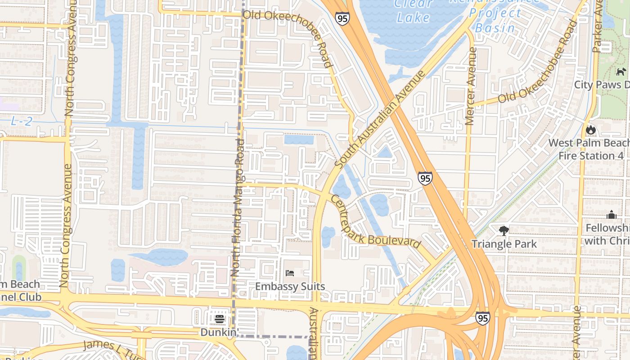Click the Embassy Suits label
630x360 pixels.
click(x=290, y=286)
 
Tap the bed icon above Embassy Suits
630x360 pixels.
click(x=290, y=273)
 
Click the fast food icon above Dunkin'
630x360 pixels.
click(x=220, y=319)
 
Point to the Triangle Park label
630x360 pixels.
click(x=504, y=244)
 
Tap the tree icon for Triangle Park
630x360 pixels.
click(x=504, y=231)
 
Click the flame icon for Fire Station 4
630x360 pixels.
click(x=590, y=130)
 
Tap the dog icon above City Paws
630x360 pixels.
click(x=621, y=72)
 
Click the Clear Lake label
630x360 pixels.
click(x=414, y=11)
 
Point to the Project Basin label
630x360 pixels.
click(x=495, y=20)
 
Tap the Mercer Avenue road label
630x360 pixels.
click(x=471, y=85)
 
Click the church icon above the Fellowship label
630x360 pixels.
click(x=611, y=215)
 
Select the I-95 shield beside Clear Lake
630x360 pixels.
click(x=342, y=18)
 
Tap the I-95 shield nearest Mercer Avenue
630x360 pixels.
click(x=425, y=178)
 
